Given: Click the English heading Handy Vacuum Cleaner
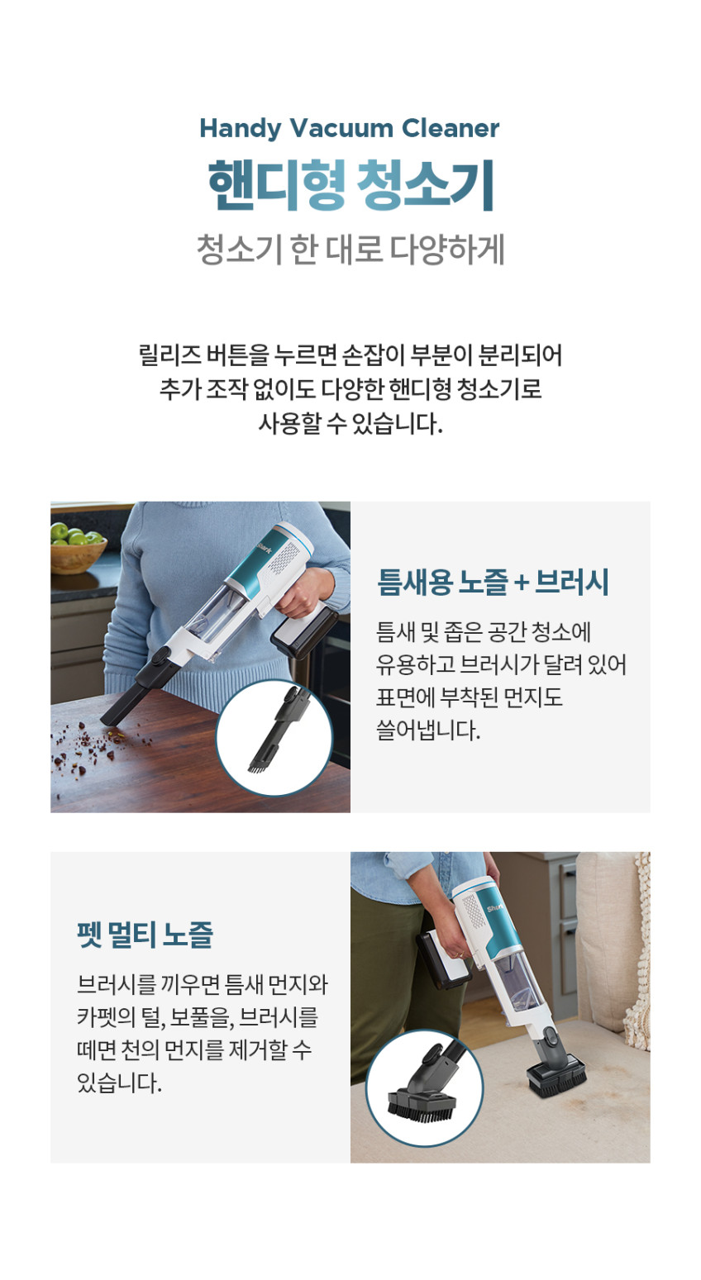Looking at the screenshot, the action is pos(350,129).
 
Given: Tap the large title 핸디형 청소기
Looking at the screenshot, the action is pos(350,184).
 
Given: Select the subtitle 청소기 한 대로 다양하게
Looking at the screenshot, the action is pos(350,250).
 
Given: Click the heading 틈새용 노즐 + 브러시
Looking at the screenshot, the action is pos(493,583).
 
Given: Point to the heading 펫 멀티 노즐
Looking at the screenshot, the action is pos(145,935).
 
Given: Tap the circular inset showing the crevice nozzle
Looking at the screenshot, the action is pos(274,738).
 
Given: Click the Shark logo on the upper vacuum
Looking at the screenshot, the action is pos(265,550).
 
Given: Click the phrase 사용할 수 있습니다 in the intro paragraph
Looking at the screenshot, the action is pos(350,423).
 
